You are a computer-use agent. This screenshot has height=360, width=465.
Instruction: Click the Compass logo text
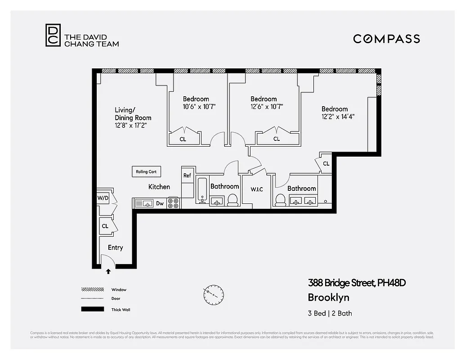(386, 39)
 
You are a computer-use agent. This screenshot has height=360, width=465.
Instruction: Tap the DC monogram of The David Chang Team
(52, 36)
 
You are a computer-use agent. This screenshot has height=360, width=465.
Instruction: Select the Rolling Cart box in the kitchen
(146, 172)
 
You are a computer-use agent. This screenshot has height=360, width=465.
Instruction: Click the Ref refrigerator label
(187, 175)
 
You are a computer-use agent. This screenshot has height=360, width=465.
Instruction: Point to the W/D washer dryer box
(103, 198)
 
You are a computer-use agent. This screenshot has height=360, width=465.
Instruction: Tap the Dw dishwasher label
(160, 203)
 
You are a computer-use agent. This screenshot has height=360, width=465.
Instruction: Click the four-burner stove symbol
(173, 203)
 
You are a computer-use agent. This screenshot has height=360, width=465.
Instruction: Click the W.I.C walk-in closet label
(257, 189)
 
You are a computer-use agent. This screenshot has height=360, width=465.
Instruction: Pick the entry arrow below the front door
(108, 271)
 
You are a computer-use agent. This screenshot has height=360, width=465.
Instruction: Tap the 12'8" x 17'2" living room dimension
(130, 126)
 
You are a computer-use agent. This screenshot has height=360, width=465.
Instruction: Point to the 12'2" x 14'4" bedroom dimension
(335, 117)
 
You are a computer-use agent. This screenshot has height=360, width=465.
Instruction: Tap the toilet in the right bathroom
(280, 200)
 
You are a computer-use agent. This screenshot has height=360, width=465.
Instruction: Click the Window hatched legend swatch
(92, 289)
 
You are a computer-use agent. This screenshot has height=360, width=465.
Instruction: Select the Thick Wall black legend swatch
(92, 309)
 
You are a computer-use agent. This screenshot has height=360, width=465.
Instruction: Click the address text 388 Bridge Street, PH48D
(357, 283)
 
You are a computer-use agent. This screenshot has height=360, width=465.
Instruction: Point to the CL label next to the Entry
(105, 226)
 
